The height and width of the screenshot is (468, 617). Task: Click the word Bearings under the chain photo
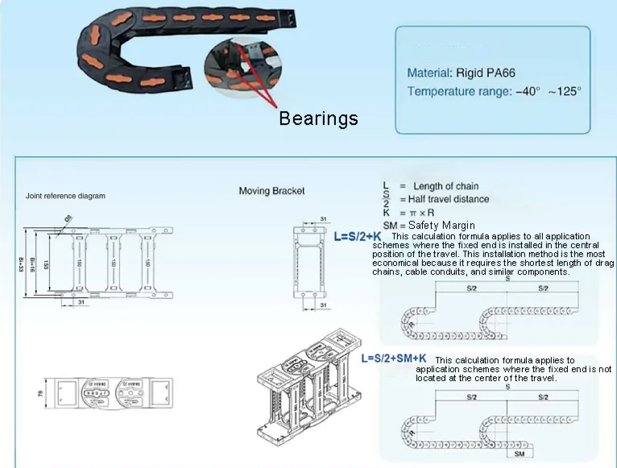[318, 118]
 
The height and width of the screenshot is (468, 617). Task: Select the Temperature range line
[494, 91]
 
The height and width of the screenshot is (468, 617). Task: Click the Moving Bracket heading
[271, 191]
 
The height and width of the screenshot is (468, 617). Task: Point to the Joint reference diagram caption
[65, 196]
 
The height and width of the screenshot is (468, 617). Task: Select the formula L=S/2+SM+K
[394, 358]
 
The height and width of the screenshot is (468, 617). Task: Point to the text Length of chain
[445, 186]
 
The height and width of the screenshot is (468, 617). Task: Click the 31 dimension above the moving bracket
[322, 218]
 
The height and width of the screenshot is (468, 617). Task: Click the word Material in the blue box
[429, 72]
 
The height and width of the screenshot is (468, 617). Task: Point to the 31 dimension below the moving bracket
[322, 306]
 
